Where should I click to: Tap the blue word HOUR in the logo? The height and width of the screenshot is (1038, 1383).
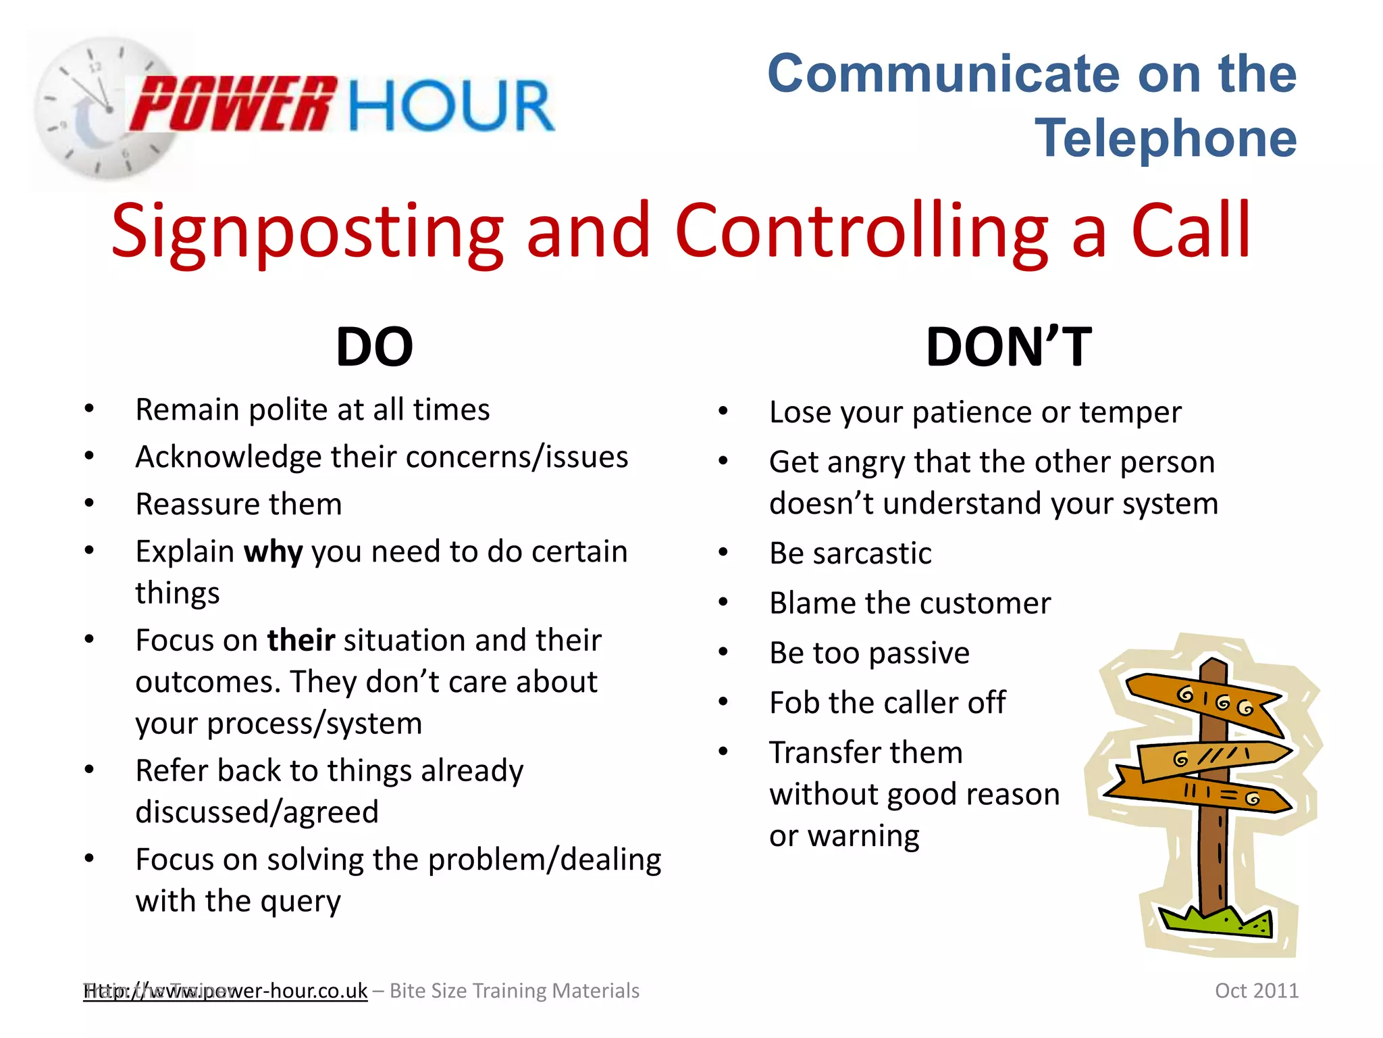[x=451, y=106]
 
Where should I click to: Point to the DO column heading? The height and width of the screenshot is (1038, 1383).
[x=374, y=347]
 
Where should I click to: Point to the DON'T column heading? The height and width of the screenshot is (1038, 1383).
[x=1008, y=347]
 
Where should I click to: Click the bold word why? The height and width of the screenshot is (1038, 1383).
[x=273, y=552]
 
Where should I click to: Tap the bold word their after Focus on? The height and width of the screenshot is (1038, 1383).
[x=301, y=640]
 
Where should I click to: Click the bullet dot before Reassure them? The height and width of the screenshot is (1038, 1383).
[x=89, y=503]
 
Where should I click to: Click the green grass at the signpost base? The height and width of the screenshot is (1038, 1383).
[x=1216, y=922]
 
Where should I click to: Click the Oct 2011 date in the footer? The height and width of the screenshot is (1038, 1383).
[x=1256, y=991]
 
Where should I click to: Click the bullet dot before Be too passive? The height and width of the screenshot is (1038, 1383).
[x=723, y=652]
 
